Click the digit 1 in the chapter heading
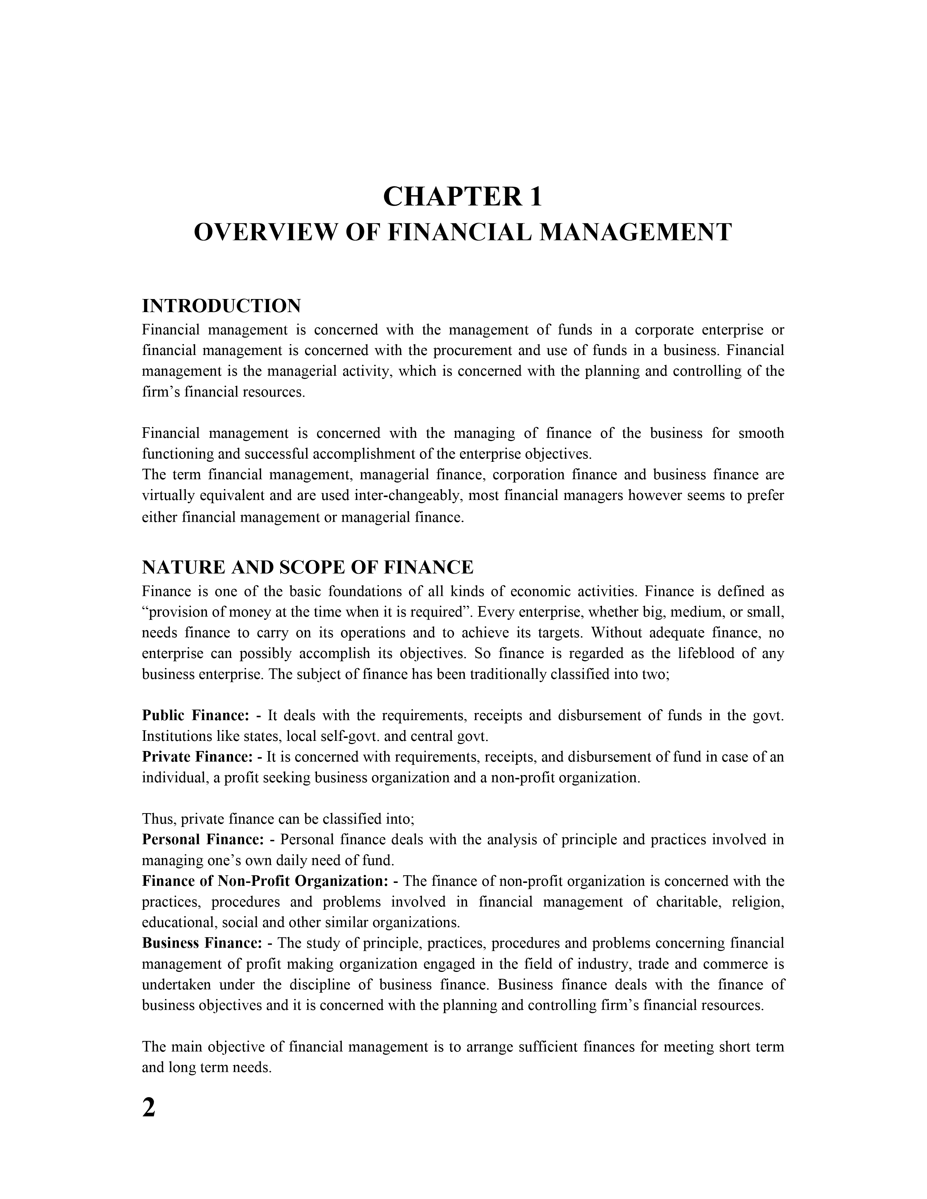pyautogui.click(x=535, y=197)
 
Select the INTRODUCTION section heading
pyautogui.click(x=221, y=306)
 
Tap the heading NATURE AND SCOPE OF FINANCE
pyautogui.click(x=308, y=566)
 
